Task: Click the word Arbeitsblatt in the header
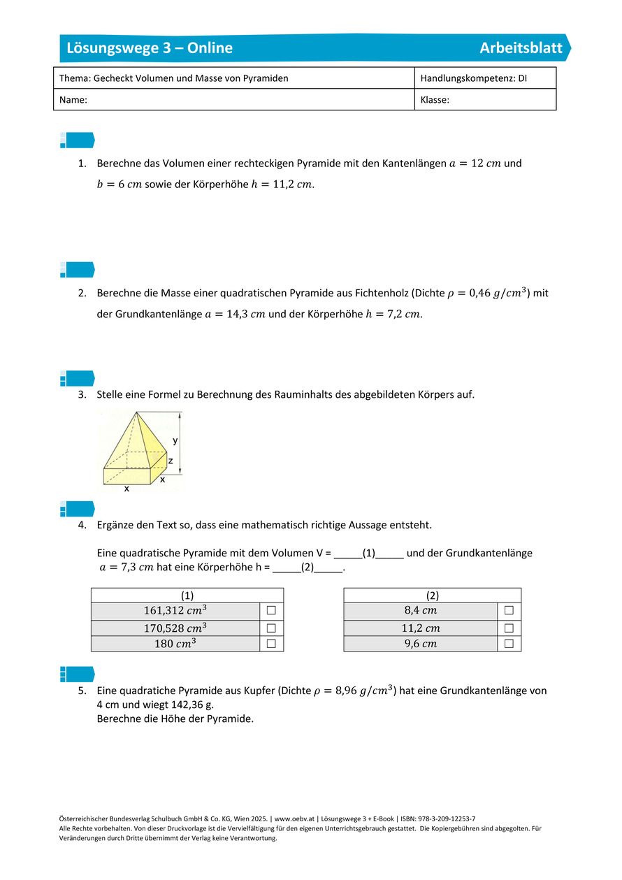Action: click(521, 48)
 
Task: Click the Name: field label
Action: click(73, 100)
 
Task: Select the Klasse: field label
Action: click(435, 100)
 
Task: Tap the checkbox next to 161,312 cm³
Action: click(271, 610)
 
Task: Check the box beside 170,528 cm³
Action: click(271, 627)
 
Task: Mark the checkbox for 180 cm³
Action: click(271, 643)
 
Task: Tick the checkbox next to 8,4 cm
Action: click(509, 610)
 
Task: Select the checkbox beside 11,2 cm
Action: click(509, 627)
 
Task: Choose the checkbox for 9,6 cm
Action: click(509, 643)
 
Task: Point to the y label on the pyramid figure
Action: click(175, 440)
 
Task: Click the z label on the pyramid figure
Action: click(171, 461)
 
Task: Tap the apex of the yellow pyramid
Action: click(136, 412)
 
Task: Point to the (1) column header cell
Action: click(187, 595)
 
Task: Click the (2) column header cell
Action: click(432, 595)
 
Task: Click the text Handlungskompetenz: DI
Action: click(473, 78)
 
